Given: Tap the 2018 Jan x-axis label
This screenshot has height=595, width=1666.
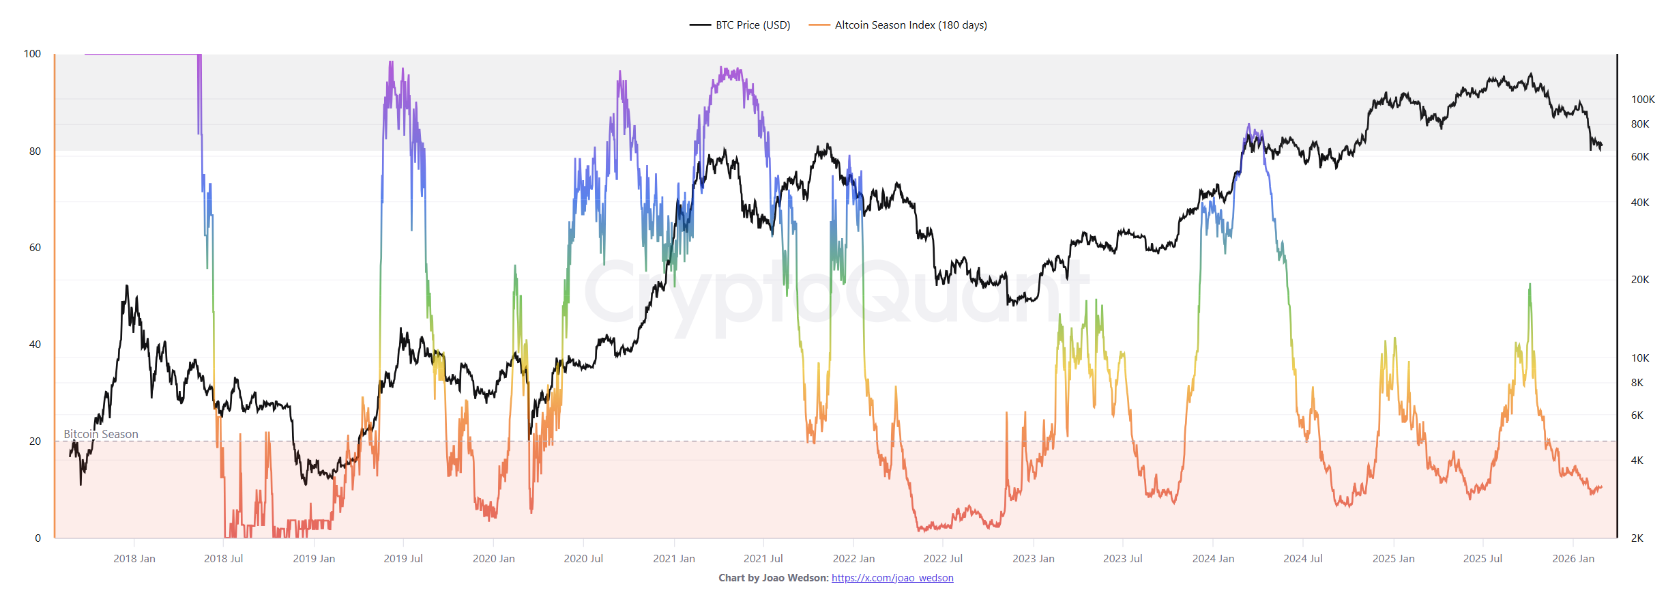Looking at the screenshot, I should [x=134, y=559].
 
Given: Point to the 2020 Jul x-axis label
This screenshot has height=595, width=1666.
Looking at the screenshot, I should [x=583, y=559].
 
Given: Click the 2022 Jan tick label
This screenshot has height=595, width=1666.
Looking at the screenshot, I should [x=853, y=559].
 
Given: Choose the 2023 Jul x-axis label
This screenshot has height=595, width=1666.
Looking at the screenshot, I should [x=1122, y=559].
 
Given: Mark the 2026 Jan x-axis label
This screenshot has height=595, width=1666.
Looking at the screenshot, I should [x=1573, y=559].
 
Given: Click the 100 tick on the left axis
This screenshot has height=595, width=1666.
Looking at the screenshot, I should [x=32, y=54].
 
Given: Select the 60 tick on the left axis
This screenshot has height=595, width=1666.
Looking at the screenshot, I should [x=35, y=248].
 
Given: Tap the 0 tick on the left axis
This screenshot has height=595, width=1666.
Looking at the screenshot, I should [x=38, y=538].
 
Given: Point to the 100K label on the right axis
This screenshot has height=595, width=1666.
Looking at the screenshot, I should [x=1643, y=100].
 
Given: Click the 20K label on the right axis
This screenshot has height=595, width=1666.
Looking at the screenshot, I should [x=1640, y=280].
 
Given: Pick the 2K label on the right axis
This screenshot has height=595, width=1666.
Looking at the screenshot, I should [x=1637, y=538].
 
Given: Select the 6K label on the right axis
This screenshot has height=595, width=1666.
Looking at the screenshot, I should [x=1637, y=416].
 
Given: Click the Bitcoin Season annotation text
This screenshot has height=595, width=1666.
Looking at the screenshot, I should [x=101, y=435].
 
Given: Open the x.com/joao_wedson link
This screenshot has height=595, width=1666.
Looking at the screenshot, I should [x=892, y=578].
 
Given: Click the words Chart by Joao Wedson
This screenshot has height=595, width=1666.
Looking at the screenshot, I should [x=773, y=578].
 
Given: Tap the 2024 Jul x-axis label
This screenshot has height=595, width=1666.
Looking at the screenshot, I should [x=1302, y=559].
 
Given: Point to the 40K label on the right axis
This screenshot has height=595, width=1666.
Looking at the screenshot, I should [x=1640, y=203].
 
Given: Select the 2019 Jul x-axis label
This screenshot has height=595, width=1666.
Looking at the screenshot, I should [x=403, y=559].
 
